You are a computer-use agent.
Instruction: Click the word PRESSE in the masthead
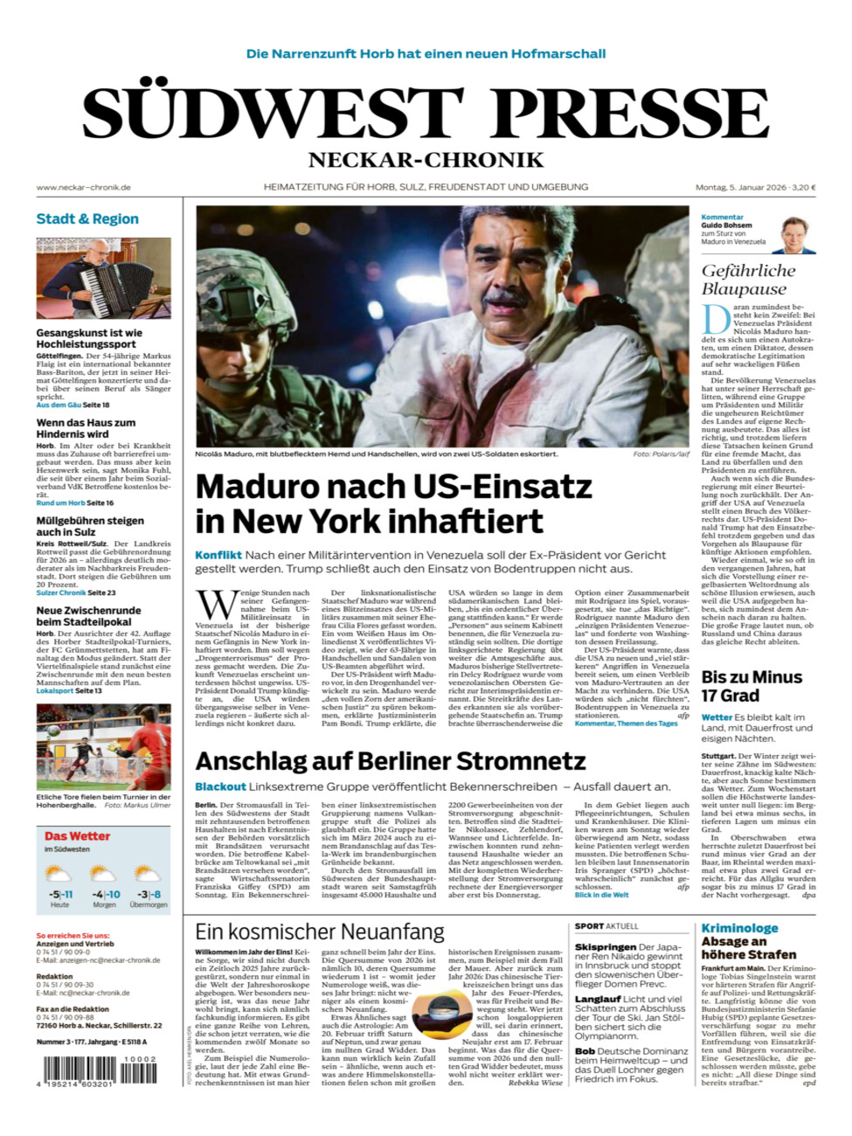pos(630,114)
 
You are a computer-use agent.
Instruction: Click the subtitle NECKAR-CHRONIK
pos(426,160)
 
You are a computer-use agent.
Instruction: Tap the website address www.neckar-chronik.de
pos(84,187)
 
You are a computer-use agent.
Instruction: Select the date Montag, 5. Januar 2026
pos(741,187)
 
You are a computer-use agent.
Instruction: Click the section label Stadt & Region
pos(87,218)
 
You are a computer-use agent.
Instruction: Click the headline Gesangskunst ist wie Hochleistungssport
pos(88,338)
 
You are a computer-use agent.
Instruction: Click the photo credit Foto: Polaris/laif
pos(661,454)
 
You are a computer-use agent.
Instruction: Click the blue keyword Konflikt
pos(218,555)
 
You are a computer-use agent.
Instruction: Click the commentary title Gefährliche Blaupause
pos(748,280)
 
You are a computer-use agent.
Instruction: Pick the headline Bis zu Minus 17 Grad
pos(752,686)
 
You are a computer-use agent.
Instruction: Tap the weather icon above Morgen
pos(104,874)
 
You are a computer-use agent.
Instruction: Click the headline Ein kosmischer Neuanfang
pos(319,932)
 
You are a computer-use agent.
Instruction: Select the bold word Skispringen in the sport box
pos(606,946)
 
